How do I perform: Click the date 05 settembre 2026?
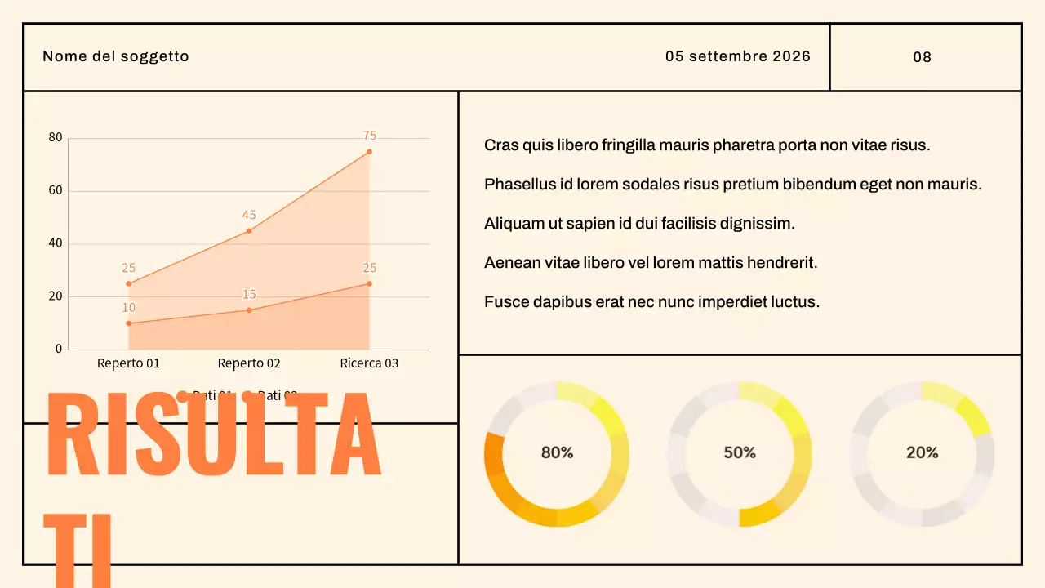click(737, 56)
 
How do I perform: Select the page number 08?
click(922, 57)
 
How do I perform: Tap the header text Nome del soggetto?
click(115, 56)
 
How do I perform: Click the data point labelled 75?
click(369, 152)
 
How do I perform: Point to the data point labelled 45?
click(249, 230)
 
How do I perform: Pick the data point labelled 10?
click(128, 323)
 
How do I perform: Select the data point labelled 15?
click(249, 310)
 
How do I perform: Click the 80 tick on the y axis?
click(56, 137)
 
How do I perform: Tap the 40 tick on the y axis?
click(56, 243)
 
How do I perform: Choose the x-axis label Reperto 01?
click(128, 363)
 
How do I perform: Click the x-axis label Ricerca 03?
click(369, 363)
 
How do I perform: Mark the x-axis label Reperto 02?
click(249, 363)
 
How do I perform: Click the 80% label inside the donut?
click(557, 452)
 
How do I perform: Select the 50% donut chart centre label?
click(740, 452)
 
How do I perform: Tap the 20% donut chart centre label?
click(922, 452)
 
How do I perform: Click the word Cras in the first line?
click(500, 145)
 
